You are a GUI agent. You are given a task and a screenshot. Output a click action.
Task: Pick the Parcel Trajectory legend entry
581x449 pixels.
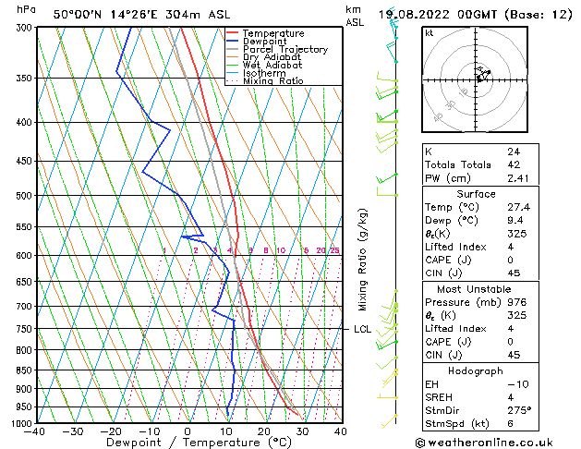click(284, 50)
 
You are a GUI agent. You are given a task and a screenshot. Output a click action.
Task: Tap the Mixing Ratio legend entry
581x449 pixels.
click(272, 81)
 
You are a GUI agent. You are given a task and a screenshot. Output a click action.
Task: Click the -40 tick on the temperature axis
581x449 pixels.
click(35, 431)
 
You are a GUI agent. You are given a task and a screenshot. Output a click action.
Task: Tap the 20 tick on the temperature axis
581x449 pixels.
click(264, 431)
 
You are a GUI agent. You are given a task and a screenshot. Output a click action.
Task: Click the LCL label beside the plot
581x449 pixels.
click(363, 329)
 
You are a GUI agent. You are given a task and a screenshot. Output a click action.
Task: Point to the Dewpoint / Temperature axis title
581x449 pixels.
click(188, 443)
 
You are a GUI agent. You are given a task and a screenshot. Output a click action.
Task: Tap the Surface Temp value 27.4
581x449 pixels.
click(517, 208)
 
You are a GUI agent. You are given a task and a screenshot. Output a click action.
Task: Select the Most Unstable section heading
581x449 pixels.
click(477, 288)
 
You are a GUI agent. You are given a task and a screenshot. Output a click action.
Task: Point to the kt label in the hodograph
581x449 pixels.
click(429, 32)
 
